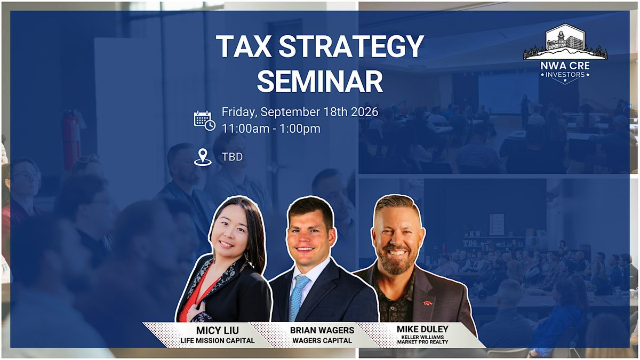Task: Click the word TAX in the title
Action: click(x=243, y=46)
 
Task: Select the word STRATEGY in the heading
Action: click(x=351, y=46)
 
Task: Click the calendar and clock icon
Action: click(x=205, y=121)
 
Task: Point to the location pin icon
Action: click(x=203, y=157)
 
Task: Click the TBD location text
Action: click(x=233, y=157)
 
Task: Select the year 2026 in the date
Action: click(x=365, y=111)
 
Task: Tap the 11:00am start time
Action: click(x=245, y=129)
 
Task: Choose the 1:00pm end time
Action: click(x=300, y=129)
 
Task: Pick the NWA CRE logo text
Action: click(x=565, y=66)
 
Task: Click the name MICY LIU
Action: click(x=217, y=331)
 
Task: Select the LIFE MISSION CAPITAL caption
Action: click(x=217, y=341)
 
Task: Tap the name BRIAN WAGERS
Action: click(x=322, y=330)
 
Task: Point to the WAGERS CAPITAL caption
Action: click(x=322, y=341)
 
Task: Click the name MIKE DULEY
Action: click(x=422, y=329)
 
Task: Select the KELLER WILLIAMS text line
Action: click(x=422, y=337)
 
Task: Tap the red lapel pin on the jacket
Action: click(x=428, y=303)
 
